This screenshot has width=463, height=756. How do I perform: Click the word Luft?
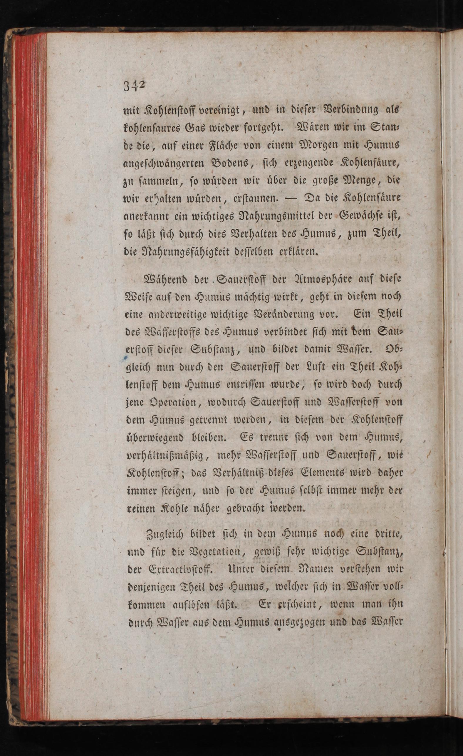click(x=313, y=367)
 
